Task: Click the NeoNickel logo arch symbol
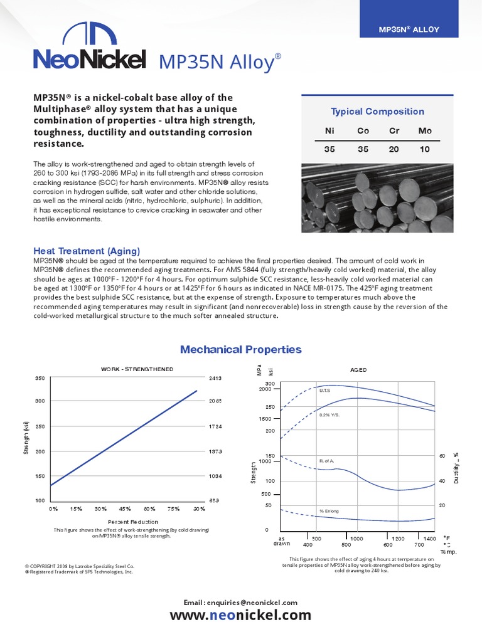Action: click(90, 36)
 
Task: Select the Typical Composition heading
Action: click(378, 112)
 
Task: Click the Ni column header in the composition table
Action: click(329, 131)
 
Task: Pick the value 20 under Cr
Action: click(394, 150)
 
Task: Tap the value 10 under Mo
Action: click(425, 150)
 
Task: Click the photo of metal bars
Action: click(378, 197)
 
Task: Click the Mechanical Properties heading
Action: click(241, 350)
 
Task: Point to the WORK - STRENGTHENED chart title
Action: click(137, 369)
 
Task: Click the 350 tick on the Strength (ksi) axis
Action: click(40, 379)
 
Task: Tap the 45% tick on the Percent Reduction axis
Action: click(124, 509)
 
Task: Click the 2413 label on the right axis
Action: click(215, 379)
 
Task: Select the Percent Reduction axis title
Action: click(132, 522)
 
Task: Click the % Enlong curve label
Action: click(329, 511)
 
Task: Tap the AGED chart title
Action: click(359, 370)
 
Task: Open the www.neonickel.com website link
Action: click(241, 615)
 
